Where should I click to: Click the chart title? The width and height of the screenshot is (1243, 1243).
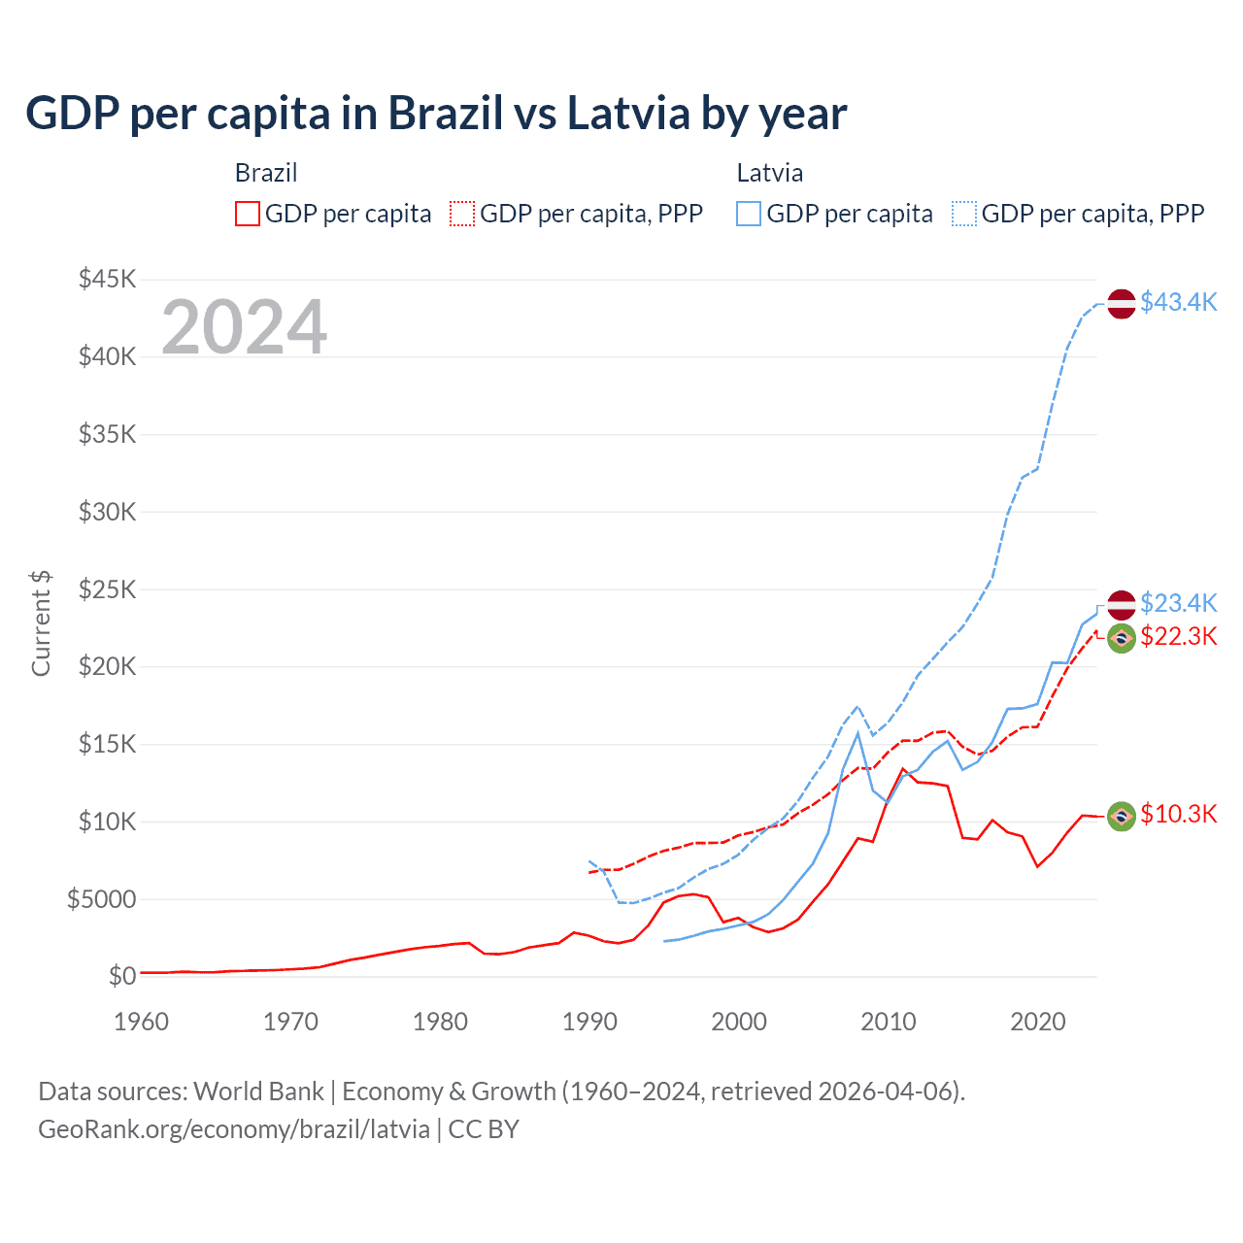(436, 114)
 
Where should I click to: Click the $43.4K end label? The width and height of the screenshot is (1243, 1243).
(1178, 302)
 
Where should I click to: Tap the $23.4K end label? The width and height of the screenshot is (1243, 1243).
(1178, 603)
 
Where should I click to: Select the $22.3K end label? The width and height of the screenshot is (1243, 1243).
(1178, 636)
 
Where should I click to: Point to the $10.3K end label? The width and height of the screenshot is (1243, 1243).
(1178, 814)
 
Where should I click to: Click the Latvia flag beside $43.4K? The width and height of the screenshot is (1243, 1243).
(1122, 303)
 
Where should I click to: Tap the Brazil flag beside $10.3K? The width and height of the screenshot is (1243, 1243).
(1122, 817)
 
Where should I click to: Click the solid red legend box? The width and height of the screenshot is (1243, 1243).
(248, 214)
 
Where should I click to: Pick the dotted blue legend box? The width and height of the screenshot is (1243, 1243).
(964, 214)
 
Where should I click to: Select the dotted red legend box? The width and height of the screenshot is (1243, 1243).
(462, 214)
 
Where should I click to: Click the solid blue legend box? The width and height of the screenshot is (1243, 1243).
(749, 214)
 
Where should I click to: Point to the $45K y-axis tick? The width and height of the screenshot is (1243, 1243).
(108, 280)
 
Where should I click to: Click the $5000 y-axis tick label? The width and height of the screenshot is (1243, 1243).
(101, 899)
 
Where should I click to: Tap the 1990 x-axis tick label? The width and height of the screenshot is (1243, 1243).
(589, 1022)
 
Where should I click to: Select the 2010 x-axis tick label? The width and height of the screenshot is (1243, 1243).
(889, 1022)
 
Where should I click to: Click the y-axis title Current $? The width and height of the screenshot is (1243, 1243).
(41, 623)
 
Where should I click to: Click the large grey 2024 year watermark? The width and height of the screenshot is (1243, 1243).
(244, 327)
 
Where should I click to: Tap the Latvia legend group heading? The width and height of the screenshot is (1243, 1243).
(769, 173)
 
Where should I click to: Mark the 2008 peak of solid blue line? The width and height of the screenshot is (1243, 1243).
(857, 733)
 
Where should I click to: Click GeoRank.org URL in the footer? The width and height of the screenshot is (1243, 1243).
(234, 1129)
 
